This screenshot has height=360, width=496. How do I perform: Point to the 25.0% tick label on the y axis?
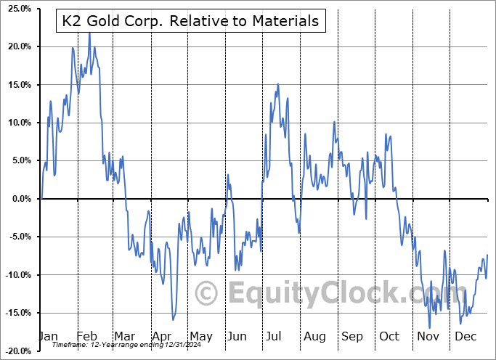point(17,9)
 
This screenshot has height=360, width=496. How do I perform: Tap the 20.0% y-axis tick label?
point(17,46)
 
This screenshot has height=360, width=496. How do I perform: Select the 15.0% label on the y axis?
point(17,85)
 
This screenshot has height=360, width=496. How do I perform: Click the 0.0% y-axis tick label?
point(20,199)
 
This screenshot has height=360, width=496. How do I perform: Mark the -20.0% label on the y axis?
point(16,351)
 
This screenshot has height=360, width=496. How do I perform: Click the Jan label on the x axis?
point(48,337)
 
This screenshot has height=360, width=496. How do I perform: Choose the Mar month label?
point(125,337)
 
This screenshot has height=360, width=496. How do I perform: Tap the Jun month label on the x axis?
point(237,337)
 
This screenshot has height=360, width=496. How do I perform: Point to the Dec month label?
point(465,337)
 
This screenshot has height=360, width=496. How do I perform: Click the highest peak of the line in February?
point(89,33)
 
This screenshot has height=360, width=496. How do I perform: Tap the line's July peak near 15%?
point(278,84)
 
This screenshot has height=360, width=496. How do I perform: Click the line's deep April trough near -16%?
point(173,319)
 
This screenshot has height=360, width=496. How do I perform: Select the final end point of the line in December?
point(487,255)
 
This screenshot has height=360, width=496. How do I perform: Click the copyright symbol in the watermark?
point(207,294)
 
